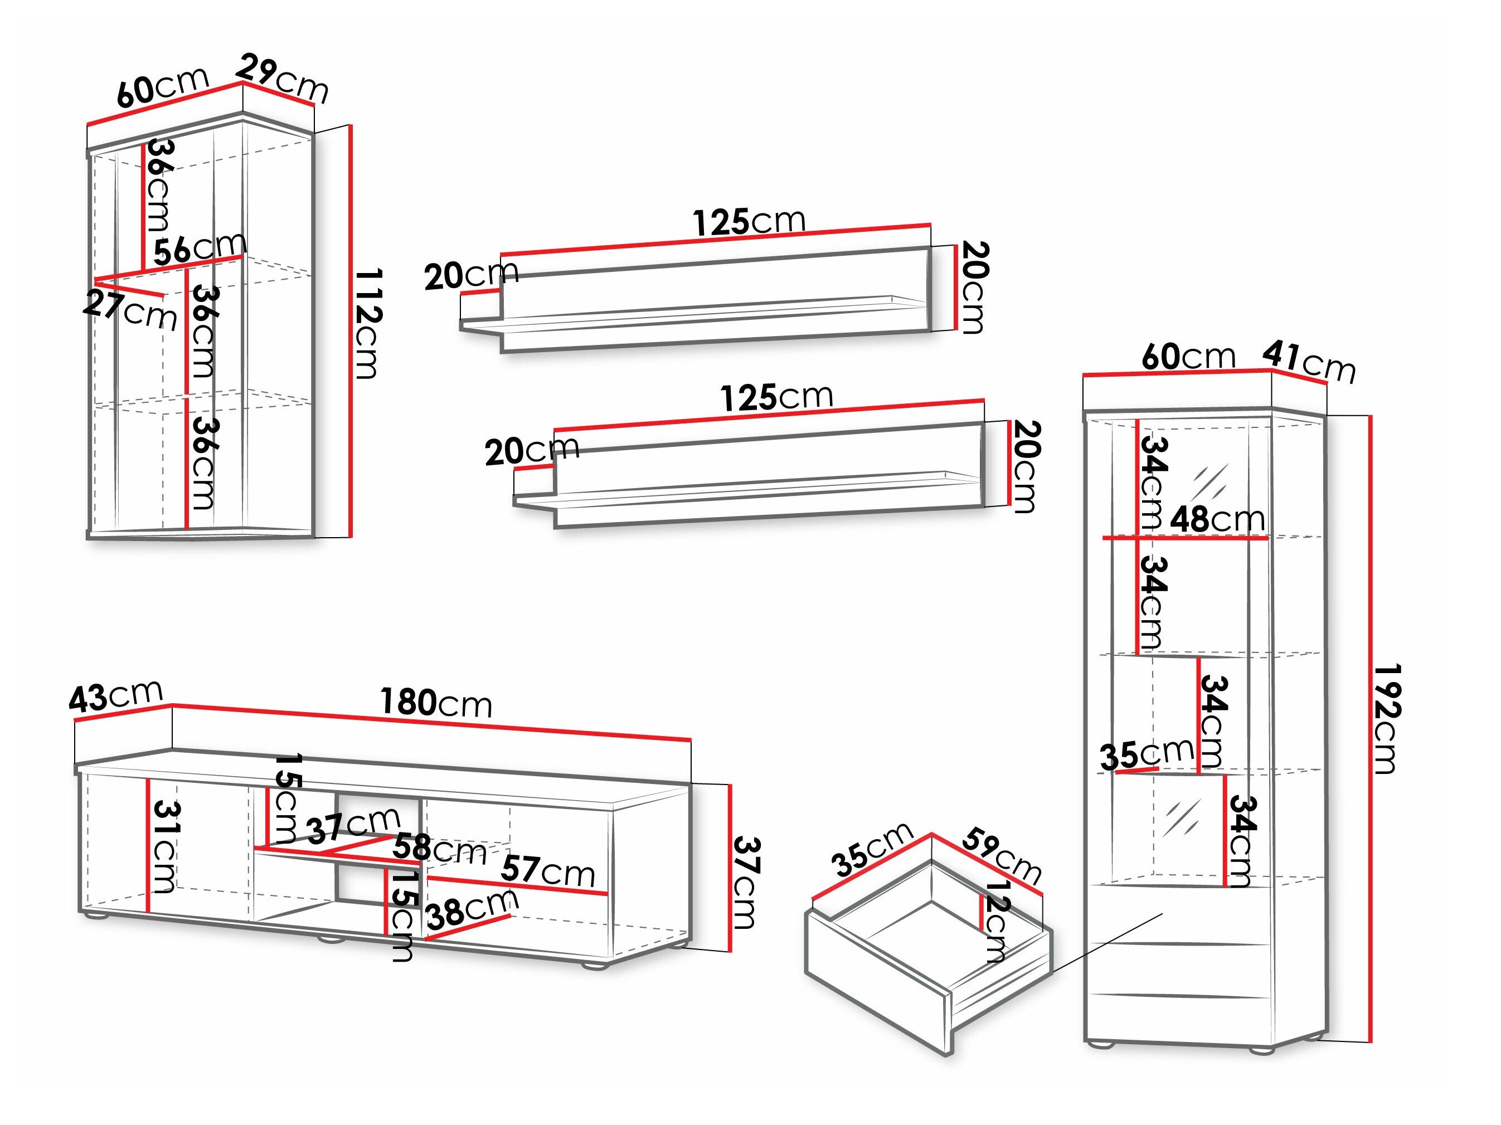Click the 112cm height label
click(369, 323)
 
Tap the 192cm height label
click(1386, 719)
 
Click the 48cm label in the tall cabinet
click(1217, 520)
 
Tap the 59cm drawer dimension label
click(1002, 856)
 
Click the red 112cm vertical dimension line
click(351, 330)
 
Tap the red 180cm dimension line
click(431, 723)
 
